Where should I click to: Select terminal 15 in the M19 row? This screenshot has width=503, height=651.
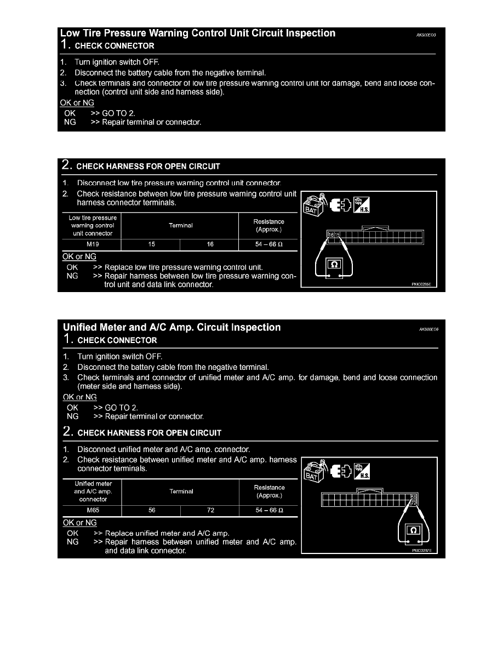click(x=152, y=245)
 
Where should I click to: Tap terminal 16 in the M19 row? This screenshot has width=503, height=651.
click(x=210, y=245)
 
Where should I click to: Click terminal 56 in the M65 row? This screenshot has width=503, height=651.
click(x=152, y=510)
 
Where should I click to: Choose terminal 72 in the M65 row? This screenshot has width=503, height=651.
click(x=210, y=510)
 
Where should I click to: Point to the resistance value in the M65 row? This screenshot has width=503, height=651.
click(x=269, y=510)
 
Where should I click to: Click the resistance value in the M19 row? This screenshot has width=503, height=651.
click(x=268, y=245)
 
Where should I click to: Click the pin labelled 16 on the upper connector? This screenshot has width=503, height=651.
click(x=331, y=235)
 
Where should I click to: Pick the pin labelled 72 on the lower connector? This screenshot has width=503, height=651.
click(x=414, y=502)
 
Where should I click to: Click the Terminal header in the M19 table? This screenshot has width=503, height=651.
click(x=181, y=225)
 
